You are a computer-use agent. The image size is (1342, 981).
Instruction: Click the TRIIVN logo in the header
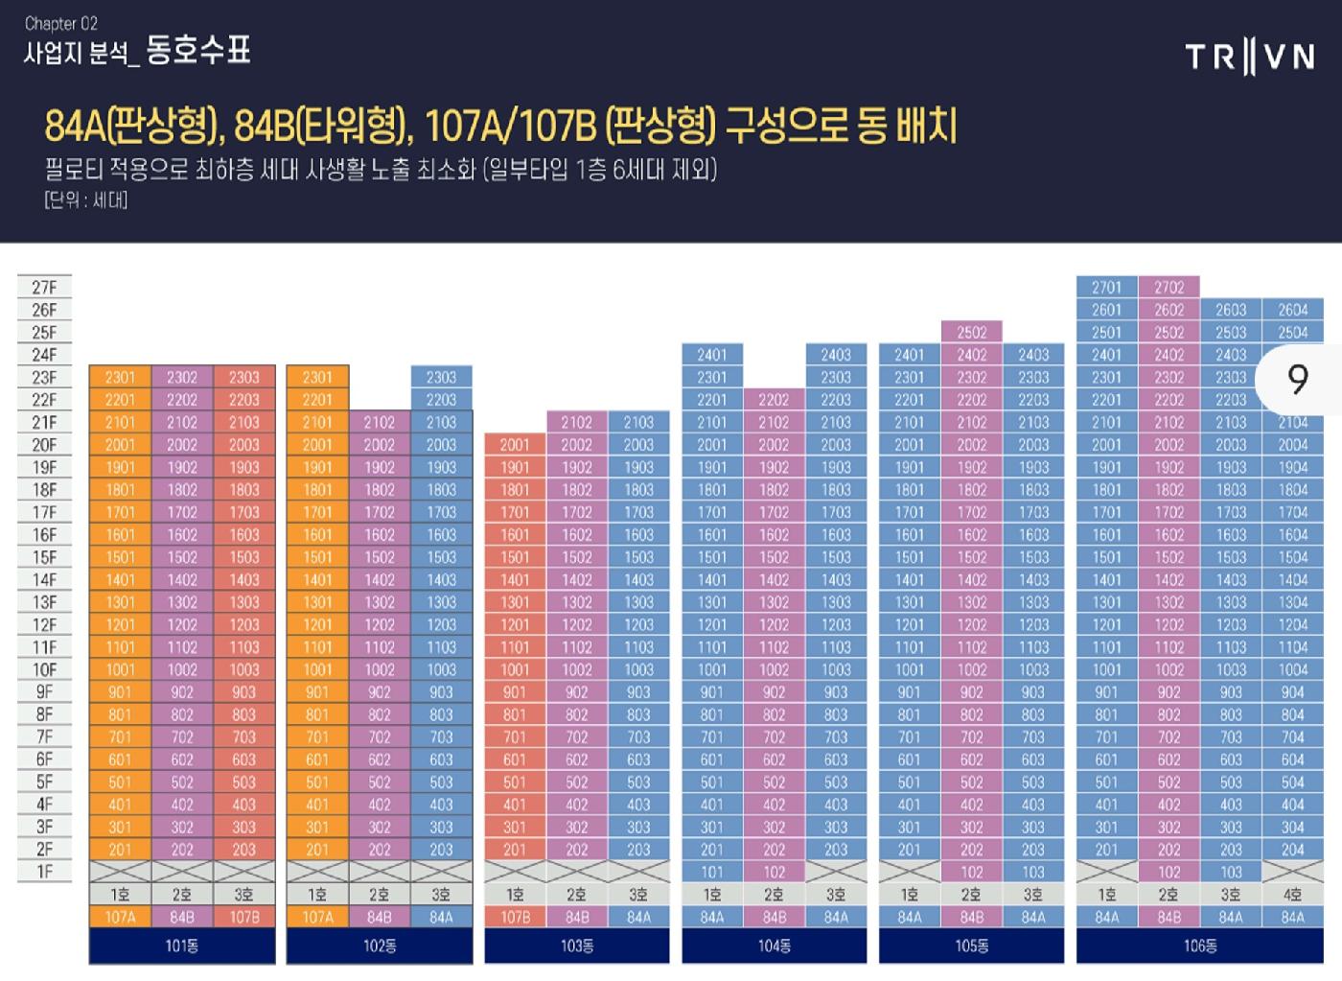(1250, 58)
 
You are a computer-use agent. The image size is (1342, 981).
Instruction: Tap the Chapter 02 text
(61, 23)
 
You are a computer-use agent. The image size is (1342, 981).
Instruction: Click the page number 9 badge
(1299, 380)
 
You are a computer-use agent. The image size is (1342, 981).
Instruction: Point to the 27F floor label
(44, 287)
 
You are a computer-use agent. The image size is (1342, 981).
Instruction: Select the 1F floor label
(44, 872)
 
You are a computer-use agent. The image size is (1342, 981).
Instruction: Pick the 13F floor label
(44, 602)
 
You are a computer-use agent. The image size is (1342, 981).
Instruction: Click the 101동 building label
(182, 946)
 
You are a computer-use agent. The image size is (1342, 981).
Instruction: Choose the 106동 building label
(1200, 946)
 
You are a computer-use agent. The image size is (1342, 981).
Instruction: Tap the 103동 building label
(577, 946)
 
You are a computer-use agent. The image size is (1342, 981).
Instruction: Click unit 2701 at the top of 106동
(1106, 287)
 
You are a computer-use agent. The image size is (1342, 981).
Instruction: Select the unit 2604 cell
(1292, 310)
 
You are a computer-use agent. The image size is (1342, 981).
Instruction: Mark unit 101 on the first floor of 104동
(712, 872)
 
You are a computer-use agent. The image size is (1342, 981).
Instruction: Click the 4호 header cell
(1292, 895)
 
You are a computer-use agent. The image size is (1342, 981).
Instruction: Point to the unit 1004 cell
(1292, 669)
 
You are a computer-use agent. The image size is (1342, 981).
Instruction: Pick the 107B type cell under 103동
(515, 917)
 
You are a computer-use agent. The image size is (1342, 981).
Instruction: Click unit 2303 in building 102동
(441, 377)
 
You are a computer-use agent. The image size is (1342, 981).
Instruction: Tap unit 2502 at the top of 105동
(971, 332)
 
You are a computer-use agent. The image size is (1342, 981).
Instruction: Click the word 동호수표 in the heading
(198, 51)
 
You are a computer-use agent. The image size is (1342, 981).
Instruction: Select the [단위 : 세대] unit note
(85, 199)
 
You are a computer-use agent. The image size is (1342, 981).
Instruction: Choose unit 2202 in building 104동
(774, 400)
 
